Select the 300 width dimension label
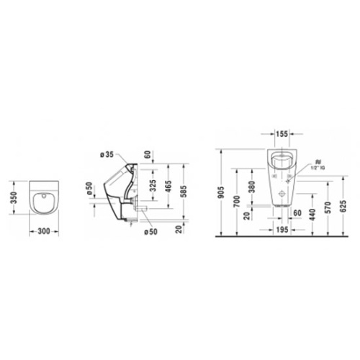coord(44,232)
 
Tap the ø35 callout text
coord(106,155)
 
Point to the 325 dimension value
coord(152,186)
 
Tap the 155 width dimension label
coord(282,133)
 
